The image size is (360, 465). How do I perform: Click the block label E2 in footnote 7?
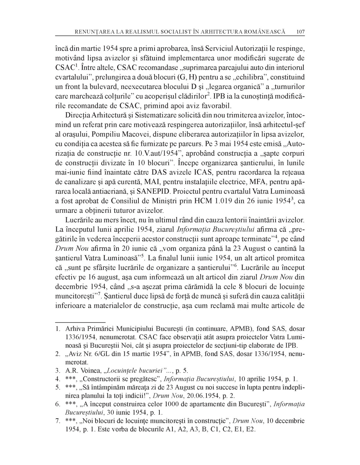pyautogui.click(x=250, y=429)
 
